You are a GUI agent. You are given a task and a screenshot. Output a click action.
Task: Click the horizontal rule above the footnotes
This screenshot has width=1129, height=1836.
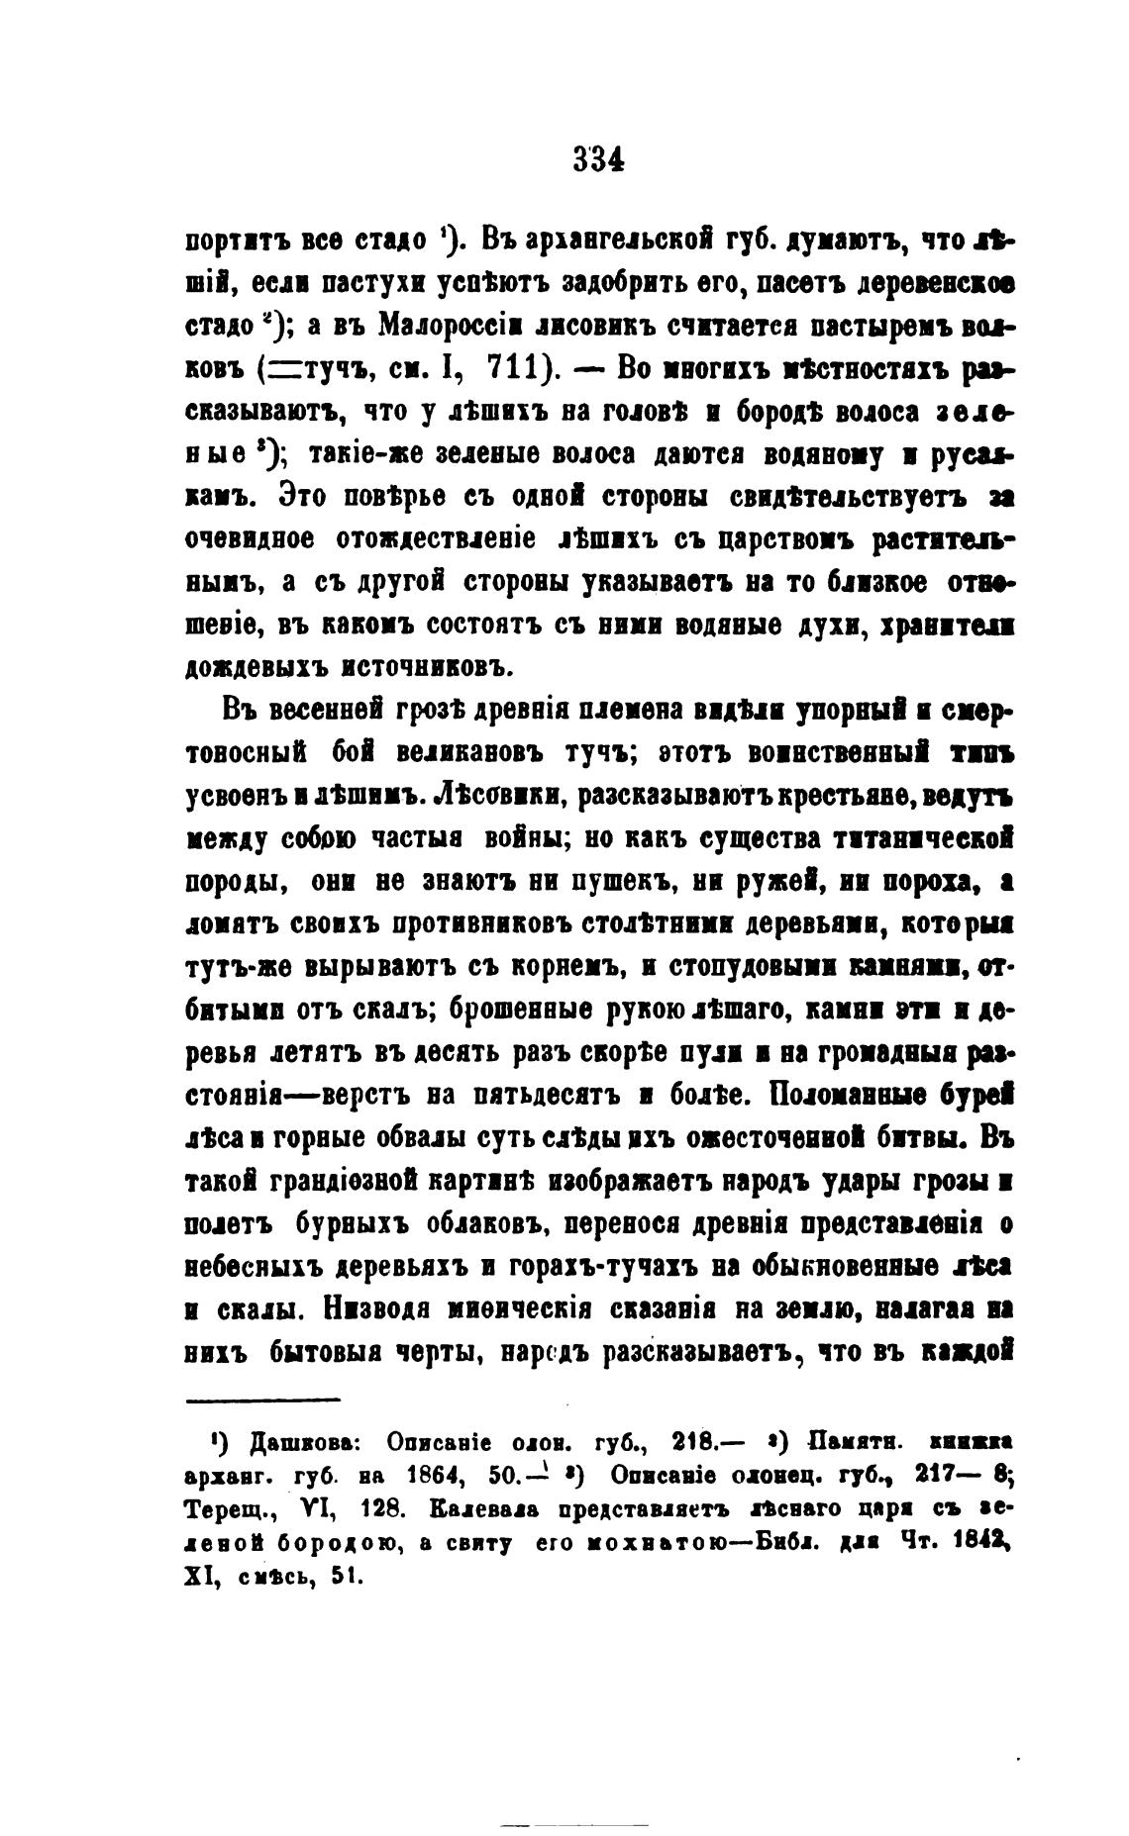[263, 1399]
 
